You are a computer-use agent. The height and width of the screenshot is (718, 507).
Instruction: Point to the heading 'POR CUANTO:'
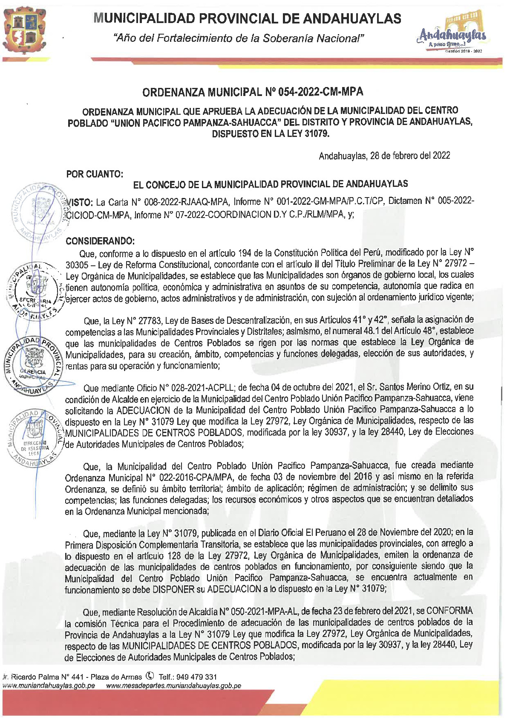95,174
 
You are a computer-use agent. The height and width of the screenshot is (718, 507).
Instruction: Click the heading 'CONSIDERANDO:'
100,241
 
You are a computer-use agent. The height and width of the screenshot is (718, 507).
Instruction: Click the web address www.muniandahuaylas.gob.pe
49,686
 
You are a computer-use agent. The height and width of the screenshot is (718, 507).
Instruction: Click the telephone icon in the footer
150,676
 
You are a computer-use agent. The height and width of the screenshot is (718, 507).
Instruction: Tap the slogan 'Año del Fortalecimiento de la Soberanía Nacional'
239,38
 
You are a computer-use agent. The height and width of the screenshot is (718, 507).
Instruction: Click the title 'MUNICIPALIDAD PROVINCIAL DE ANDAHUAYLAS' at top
247,18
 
